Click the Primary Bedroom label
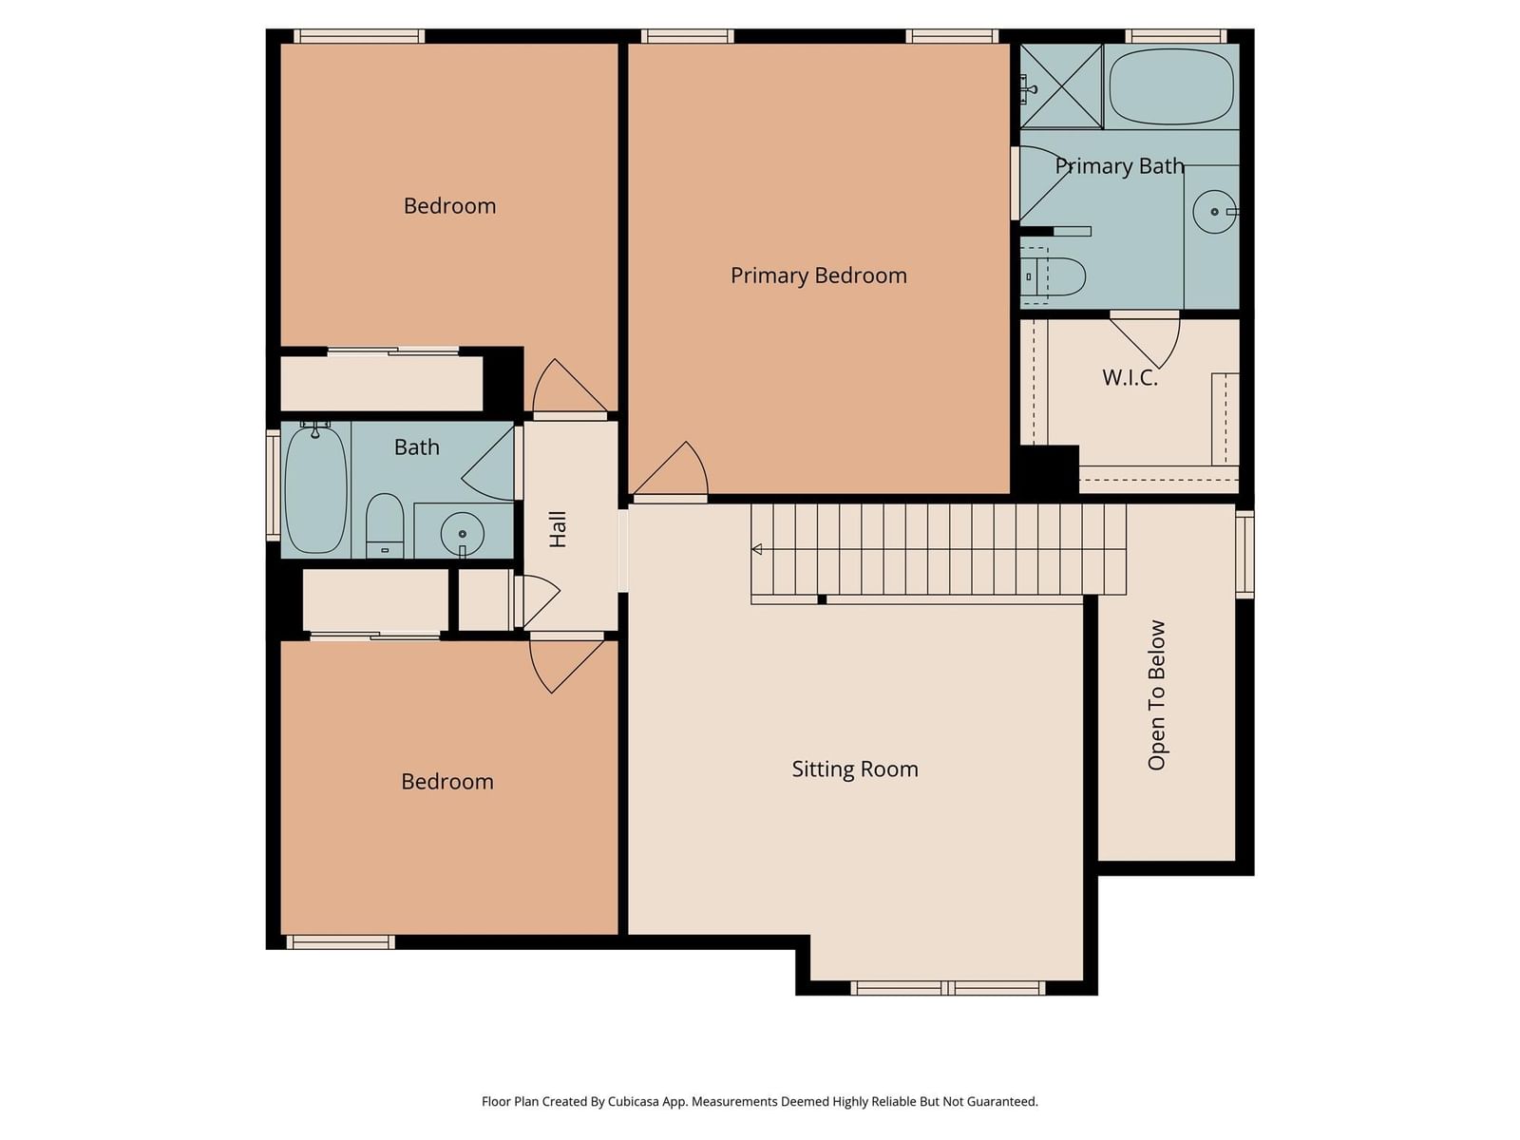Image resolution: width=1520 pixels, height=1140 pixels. [x=818, y=275]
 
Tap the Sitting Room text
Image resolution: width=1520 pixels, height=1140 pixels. [x=854, y=769]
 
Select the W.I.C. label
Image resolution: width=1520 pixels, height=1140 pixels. [x=1130, y=377]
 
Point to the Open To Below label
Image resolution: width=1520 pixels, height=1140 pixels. [x=1156, y=695]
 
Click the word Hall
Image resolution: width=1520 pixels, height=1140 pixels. [x=558, y=529]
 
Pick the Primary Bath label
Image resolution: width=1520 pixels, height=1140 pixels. [x=1119, y=166]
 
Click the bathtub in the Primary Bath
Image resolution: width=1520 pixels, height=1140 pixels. [x=1171, y=86]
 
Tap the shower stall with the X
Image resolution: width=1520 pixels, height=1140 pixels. [x=1061, y=86]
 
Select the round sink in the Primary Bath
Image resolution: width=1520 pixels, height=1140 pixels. [x=1215, y=211]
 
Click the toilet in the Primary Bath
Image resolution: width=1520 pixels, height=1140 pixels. [x=1054, y=276]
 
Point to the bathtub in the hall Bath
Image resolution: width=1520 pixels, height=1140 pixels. [x=315, y=489]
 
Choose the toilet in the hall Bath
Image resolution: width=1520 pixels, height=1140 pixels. [x=385, y=525]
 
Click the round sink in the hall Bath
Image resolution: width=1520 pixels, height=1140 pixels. [x=463, y=534]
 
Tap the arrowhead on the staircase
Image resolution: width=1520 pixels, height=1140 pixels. [x=757, y=550]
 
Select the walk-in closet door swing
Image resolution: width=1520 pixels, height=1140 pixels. [x=1146, y=340]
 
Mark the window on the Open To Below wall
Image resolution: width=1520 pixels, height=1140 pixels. [x=1245, y=554]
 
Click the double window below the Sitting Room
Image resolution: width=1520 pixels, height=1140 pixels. [x=947, y=988]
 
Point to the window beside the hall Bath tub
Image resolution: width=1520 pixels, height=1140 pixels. [x=274, y=484]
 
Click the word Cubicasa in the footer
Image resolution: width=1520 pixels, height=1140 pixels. [x=634, y=1101]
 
